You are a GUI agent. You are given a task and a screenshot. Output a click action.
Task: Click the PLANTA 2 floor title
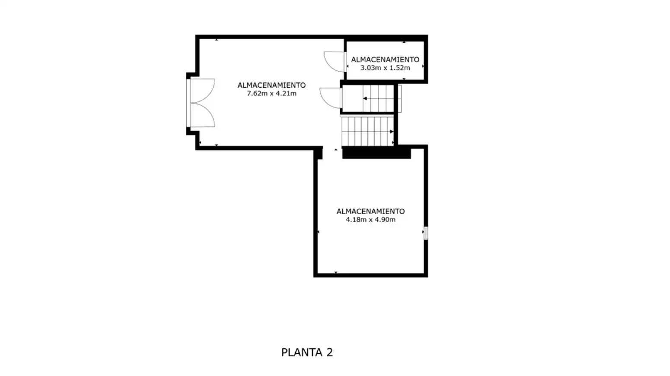[307, 352]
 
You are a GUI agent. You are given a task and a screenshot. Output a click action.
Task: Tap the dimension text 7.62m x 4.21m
[271, 94]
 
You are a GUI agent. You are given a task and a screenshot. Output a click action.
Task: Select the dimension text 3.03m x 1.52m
[385, 68]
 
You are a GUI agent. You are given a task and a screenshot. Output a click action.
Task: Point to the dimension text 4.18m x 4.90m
[370, 220]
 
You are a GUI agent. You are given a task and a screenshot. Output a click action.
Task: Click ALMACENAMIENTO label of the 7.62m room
[271, 85]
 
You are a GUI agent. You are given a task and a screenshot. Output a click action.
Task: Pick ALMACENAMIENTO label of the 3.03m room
[385, 60]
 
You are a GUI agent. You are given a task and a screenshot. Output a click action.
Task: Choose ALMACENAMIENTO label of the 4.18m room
[370, 212]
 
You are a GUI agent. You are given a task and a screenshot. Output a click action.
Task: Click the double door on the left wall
[201, 103]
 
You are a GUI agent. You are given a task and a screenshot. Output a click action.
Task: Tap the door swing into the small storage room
[335, 62]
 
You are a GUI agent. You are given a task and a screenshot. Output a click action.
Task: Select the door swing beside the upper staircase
[331, 98]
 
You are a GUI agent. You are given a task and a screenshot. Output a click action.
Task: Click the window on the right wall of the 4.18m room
[426, 233]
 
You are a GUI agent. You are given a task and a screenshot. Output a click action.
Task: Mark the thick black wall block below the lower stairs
[376, 153]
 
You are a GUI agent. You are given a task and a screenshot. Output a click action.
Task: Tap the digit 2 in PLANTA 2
[330, 352]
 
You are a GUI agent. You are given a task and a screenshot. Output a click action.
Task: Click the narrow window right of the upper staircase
[399, 99]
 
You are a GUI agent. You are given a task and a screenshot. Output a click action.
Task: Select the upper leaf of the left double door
[203, 91]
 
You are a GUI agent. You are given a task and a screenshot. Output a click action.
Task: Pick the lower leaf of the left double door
[203, 115]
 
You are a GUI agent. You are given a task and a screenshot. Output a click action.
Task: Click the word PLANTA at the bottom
[302, 352]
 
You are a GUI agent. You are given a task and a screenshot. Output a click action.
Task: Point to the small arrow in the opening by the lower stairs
[336, 150]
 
